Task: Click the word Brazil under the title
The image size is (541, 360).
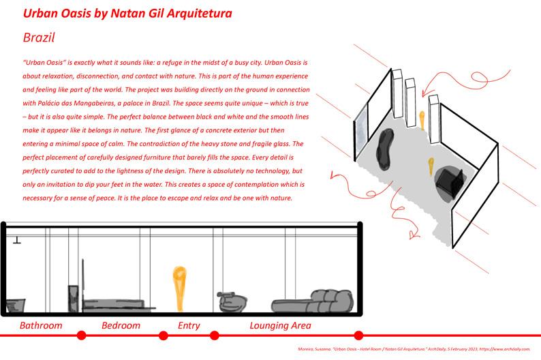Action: [38, 37]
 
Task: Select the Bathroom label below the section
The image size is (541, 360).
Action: [41, 325]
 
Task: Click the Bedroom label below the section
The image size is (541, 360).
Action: [121, 325]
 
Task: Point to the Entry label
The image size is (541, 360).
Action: [189, 325]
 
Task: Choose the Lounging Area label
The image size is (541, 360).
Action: [280, 325]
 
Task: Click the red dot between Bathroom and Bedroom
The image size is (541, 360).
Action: [82, 335]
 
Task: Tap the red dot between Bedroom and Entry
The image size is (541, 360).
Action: [164, 335]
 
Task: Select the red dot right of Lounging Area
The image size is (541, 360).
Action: [359, 335]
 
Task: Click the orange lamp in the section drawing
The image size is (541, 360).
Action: [180, 287]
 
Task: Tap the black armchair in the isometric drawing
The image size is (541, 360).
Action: [450, 180]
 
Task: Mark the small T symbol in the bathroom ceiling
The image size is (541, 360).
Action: [16, 239]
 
